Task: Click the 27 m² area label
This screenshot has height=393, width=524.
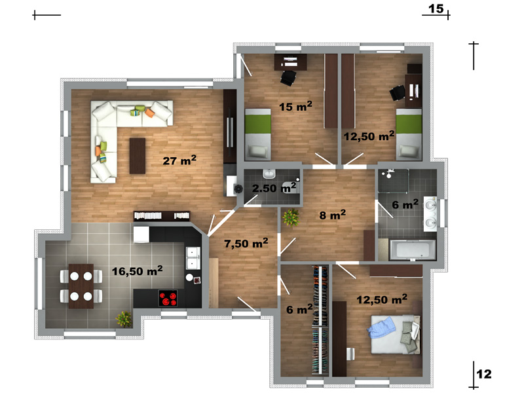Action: tap(179, 160)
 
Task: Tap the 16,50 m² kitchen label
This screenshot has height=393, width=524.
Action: tap(138, 271)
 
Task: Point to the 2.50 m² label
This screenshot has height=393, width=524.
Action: tap(274, 188)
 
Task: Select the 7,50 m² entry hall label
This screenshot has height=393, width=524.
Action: tap(246, 243)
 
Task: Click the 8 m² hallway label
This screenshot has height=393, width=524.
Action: tap(333, 215)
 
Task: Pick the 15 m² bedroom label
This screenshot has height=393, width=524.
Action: tap(296, 106)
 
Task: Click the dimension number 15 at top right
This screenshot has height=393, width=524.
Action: tap(436, 9)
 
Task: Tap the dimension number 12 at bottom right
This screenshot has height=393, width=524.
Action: tap(484, 373)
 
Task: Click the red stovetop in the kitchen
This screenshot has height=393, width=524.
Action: tap(168, 298)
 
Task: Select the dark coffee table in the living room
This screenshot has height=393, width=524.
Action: tap(138, 156)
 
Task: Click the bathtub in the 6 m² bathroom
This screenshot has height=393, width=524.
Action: tap(413, 250)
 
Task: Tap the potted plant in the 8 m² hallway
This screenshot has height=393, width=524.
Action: tap(291, 217)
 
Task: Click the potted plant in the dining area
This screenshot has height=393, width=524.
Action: tap(124, 319)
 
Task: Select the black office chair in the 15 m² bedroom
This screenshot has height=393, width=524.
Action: tap(288, 77)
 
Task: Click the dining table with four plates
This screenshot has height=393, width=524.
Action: tap(81, 286)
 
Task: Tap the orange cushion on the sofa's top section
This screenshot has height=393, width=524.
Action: tap(150, 113)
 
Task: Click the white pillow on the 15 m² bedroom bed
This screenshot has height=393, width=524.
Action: tap(257, 151)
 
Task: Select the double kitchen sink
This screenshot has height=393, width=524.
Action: tap(193, 258)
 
